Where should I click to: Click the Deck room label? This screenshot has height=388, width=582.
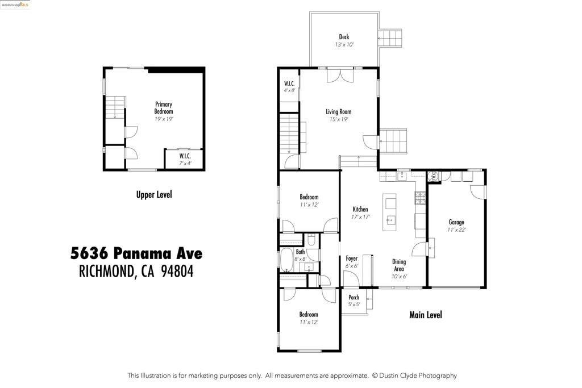point(344,37)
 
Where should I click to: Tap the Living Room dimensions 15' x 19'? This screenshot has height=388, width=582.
point(338,119)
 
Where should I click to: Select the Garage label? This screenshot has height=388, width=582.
point(456,222)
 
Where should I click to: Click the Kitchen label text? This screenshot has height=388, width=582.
point(360,210)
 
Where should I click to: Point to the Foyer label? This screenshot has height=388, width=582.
point(352,258)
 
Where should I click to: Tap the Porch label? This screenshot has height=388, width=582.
point(354,297)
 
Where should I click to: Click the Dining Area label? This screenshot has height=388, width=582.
point(399,265)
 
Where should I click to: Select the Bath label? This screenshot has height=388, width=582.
point(300,252)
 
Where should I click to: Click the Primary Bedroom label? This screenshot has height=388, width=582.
point(163,108)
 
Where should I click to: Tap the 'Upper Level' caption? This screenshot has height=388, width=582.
point(153,195)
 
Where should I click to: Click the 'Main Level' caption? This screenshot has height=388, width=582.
point(425,315)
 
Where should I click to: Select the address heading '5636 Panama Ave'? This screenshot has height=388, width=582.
point(136,252)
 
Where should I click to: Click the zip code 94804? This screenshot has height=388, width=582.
point(177,272)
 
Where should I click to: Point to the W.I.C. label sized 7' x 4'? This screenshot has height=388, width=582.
point(185,156)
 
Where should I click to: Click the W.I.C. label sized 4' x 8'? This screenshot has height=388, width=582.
point(289,84)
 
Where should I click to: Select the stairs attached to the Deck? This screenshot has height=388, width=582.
point(390,39)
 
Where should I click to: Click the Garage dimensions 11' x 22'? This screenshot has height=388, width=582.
point(456,230)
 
